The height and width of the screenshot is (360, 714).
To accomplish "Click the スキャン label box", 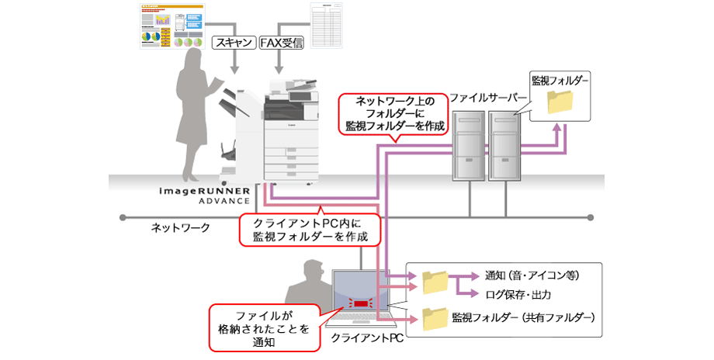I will click(233, 43).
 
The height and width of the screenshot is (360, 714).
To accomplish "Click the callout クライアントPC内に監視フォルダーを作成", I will click(310, 230).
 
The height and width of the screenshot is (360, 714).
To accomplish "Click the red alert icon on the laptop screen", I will click(362, 303).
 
